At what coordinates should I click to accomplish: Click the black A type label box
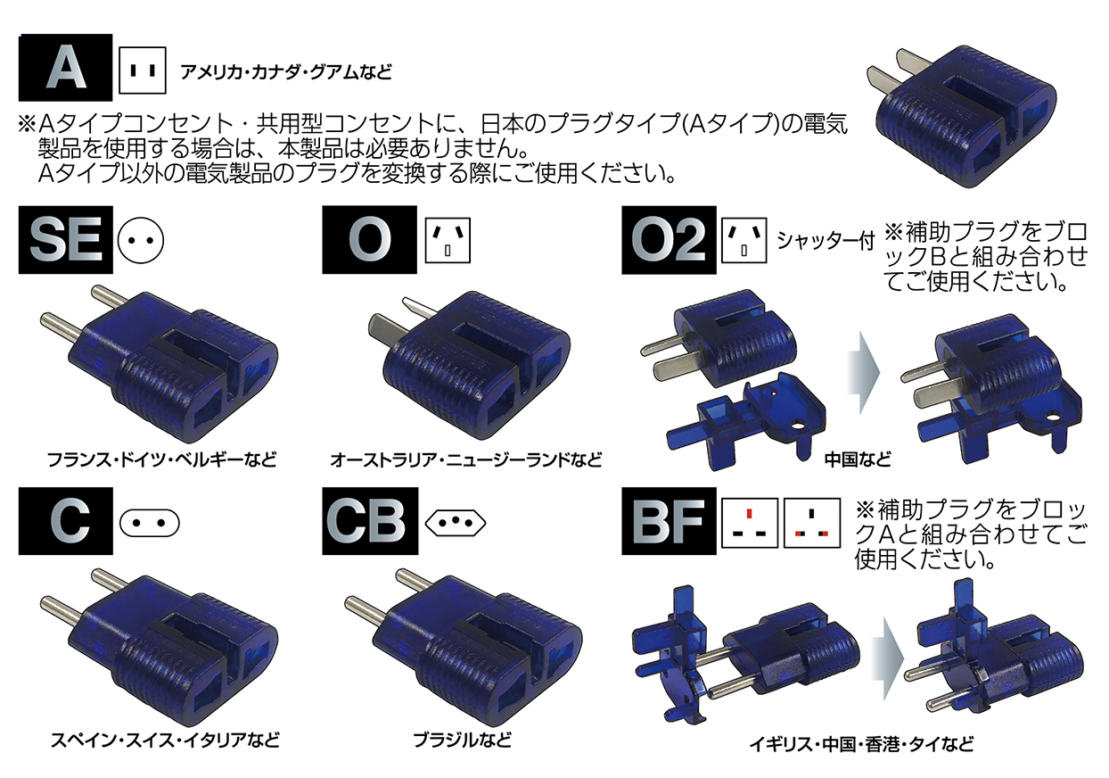pos(65,68)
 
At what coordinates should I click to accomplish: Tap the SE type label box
pos(65,240)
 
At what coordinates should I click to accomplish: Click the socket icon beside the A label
pos(143,70)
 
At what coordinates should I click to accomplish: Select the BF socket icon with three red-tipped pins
pos(811,522)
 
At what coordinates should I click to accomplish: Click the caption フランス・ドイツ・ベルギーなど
pos(161,460)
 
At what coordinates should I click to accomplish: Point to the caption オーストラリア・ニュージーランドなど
pos(465,460)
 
